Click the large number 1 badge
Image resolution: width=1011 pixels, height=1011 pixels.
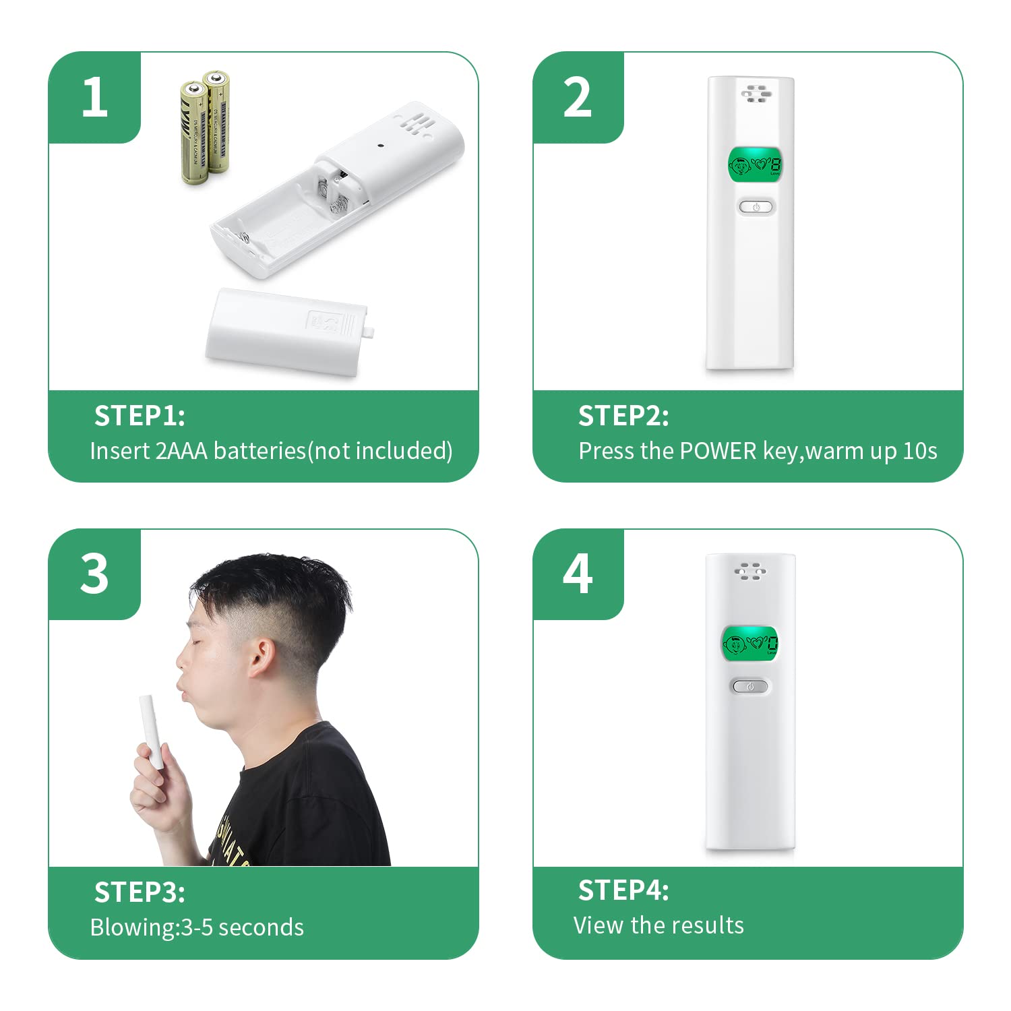94,97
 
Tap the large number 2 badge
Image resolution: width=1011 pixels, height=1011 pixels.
578,97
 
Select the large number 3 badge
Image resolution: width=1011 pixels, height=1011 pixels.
94,574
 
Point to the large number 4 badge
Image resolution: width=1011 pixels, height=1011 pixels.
578,574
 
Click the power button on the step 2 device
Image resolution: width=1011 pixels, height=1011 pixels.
756,207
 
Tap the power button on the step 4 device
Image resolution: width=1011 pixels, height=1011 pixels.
750,686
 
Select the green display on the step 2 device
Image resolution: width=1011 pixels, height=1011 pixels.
755,166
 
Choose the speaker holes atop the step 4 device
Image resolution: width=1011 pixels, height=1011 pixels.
750,572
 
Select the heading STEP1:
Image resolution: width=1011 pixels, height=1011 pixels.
140,416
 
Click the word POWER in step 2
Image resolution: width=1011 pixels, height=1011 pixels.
718,451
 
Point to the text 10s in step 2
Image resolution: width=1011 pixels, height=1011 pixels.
920,451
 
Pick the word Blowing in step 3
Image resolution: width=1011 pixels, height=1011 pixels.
133,927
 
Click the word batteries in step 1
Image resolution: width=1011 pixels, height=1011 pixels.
260,451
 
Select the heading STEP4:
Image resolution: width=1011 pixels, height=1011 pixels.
623,890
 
